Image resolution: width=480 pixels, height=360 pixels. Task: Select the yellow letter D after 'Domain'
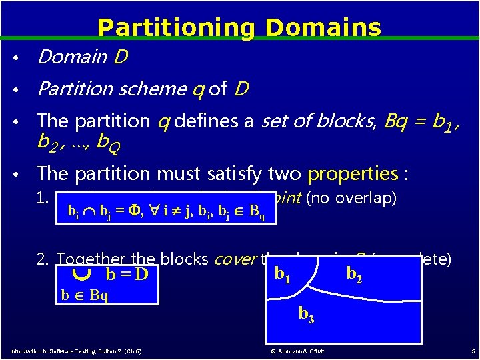click(x=119, y=58)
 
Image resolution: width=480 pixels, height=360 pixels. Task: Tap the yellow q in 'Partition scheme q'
click(x=198, y=89)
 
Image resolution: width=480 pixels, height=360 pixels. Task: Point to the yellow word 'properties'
click(x=353, y=173)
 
